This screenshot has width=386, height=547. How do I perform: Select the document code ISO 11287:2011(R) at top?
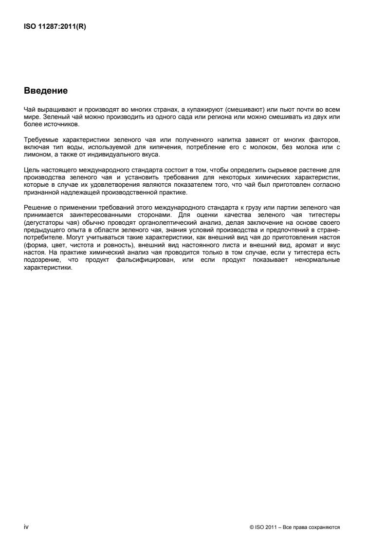(x=52, y=27)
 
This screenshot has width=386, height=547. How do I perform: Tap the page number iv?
(x=26, y=527)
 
